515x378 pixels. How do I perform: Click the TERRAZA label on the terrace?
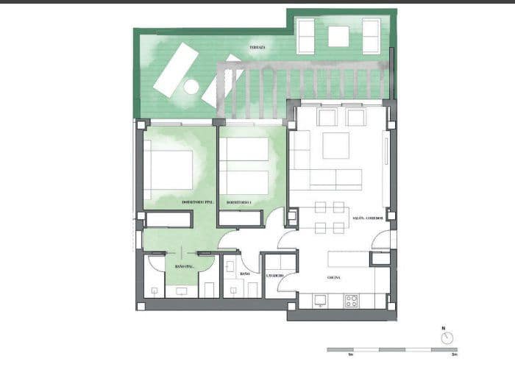(x=257, y=47)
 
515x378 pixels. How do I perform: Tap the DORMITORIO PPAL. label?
(x=197, y=202)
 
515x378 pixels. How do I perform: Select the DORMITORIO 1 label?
(x=239, y=202)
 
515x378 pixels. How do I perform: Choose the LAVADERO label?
(x=275, y=277)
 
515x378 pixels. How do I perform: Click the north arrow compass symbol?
(x=447, y=338)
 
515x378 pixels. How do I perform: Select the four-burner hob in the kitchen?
(x=352, y=300)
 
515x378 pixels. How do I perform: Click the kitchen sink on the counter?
(x=320, y=300)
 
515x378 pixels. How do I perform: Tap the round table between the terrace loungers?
(x=191, y=87)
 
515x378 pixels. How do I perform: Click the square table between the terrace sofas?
(x=338, y=36)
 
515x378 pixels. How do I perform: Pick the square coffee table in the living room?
(x=335, y=146)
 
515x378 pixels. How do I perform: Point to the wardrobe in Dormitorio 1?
(x=241, y=218)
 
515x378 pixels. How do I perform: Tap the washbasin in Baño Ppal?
(x=182, y=290)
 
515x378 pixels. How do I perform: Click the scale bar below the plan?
(x=391, y=349)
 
